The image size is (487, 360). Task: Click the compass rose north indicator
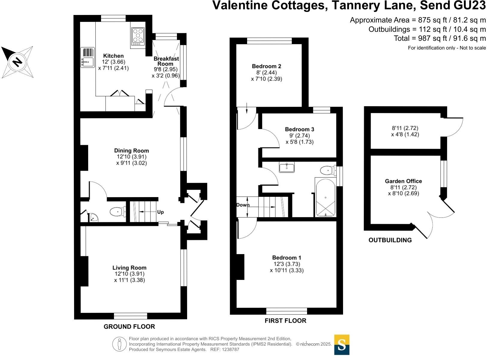click(x=17, y=62)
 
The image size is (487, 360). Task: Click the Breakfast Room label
click(x=166, y=61)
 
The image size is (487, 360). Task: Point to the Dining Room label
click(x=131, y=151)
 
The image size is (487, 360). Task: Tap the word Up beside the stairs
click(x=160, y=212)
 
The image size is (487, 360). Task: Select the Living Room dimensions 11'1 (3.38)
click(x=129, y=280)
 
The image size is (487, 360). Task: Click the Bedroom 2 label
click(x=266, y=66)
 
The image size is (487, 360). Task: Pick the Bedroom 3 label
click(x=299, y=129)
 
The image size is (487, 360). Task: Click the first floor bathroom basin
click(x=287, y=167)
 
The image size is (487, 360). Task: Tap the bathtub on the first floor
click(x=325, y=197)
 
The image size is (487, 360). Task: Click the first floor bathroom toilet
click(x=328, y=171)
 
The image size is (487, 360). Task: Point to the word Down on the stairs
click(x=243, y=205)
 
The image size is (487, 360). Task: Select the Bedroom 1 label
click(x=286, y=257)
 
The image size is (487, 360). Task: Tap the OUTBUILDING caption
click(x=390, y=240)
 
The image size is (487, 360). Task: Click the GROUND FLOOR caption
click(x=129, y=327)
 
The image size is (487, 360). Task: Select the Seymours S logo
click(x=342, y=345)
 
